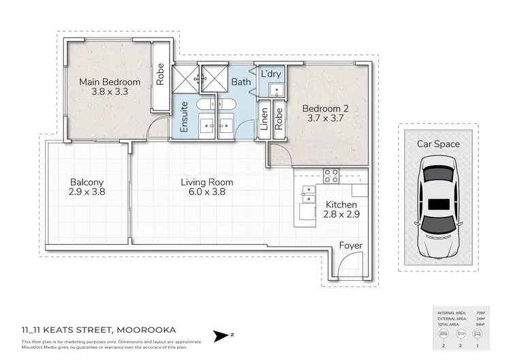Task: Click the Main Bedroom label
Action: (110, 82)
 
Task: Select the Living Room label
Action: (206, 182)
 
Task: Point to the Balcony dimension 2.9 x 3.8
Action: (87, 192)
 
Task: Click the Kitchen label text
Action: (341, 205)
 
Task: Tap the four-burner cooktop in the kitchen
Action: (331, 176)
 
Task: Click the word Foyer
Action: (350, 245)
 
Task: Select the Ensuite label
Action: (184, 119)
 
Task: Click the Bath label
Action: (241, 82)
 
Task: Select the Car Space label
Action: (438, 144)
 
